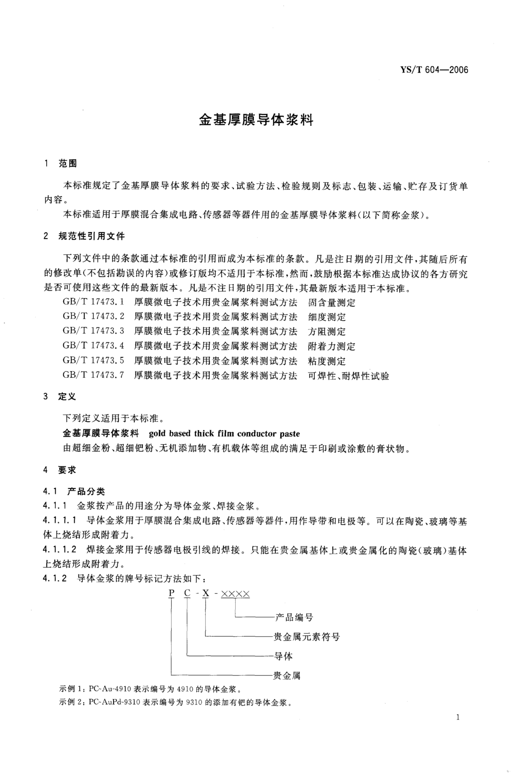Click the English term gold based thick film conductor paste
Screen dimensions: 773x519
coord(224,434)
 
